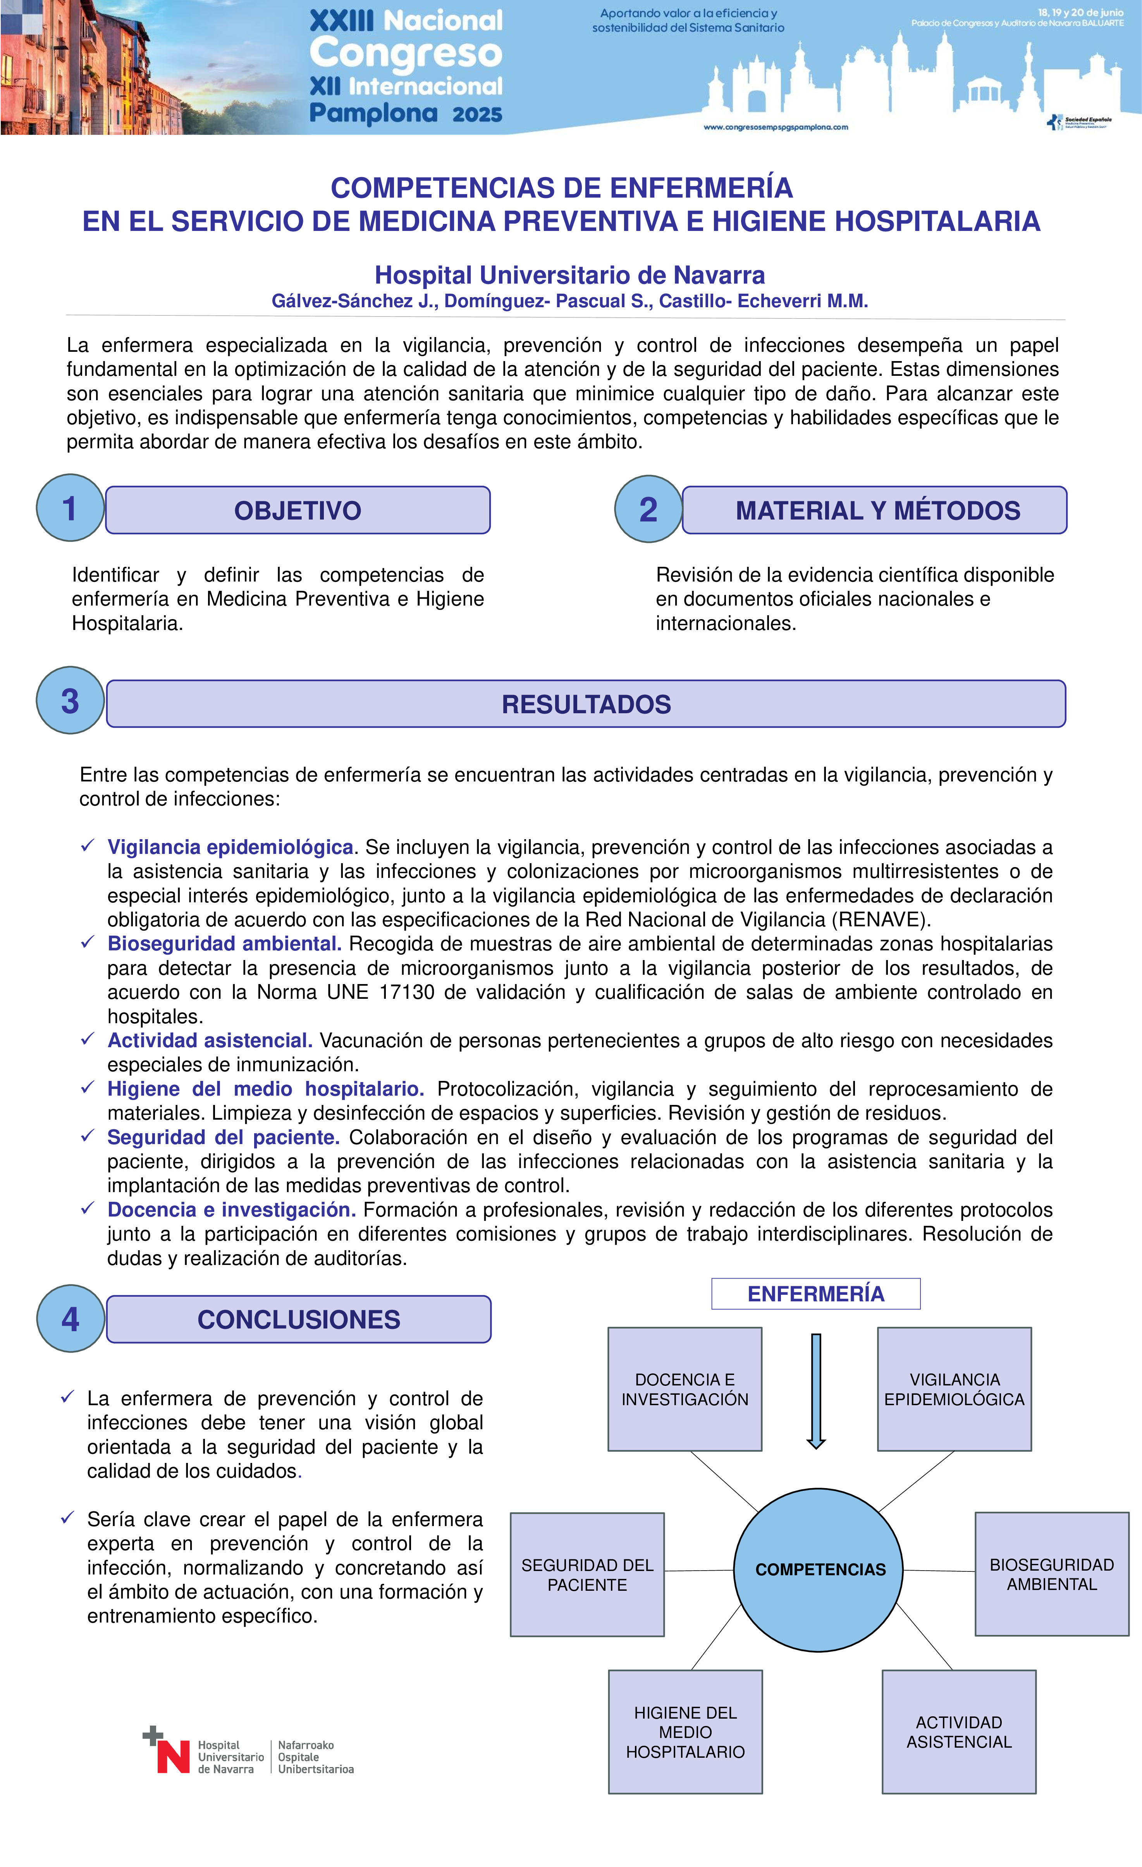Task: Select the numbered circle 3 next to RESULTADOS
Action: point(70,701)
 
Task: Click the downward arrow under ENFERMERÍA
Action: point(816,1390)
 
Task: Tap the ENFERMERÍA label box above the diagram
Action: point(815,1293)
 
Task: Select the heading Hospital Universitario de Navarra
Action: point(570,275)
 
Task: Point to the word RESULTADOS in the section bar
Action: point(586,704)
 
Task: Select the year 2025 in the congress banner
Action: point(477,114)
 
